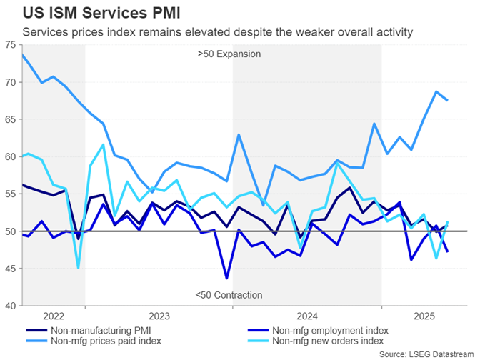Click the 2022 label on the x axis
tap(54, 315)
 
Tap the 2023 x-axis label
tap(159, 315)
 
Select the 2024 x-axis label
tap(307, 315)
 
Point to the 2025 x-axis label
tap(424, 315)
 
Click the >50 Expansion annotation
tap(229, 54)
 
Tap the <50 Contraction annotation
tap(229, 295)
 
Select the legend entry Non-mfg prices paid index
tap(106, 341)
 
